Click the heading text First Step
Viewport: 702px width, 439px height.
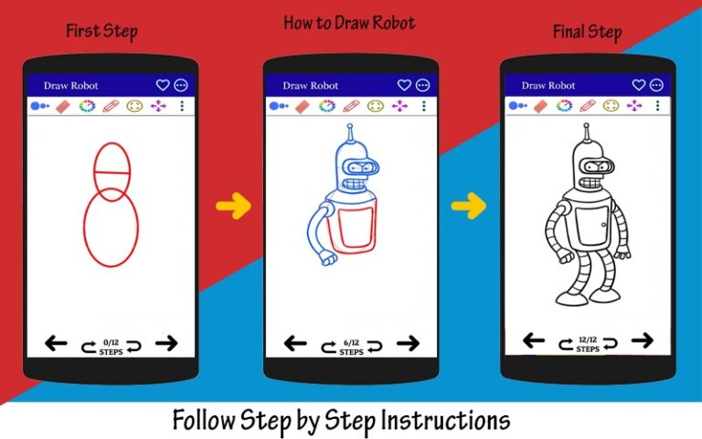[x=101, y=32]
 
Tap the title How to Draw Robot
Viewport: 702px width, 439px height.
[x=348, y=23]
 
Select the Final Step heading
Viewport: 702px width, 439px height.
[x=587, y=33]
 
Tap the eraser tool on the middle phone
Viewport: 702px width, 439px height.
[x=302, y=106]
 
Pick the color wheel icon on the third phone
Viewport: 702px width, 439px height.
[x=564, y=105]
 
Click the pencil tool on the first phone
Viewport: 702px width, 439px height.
[x=111, y=106]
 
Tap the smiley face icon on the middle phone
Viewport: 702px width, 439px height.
[x=375, y=106]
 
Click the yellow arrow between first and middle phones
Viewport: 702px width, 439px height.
[x=233, y=207]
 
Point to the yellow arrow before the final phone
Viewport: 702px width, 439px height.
[x=468, y=207]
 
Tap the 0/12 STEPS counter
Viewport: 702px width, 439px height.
[x=112, y=346]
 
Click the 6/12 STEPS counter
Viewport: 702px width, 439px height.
[x=350, y=347]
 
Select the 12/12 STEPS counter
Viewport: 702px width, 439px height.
[x=588, y=344]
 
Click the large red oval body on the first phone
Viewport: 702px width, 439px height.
[x=112, y=228]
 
